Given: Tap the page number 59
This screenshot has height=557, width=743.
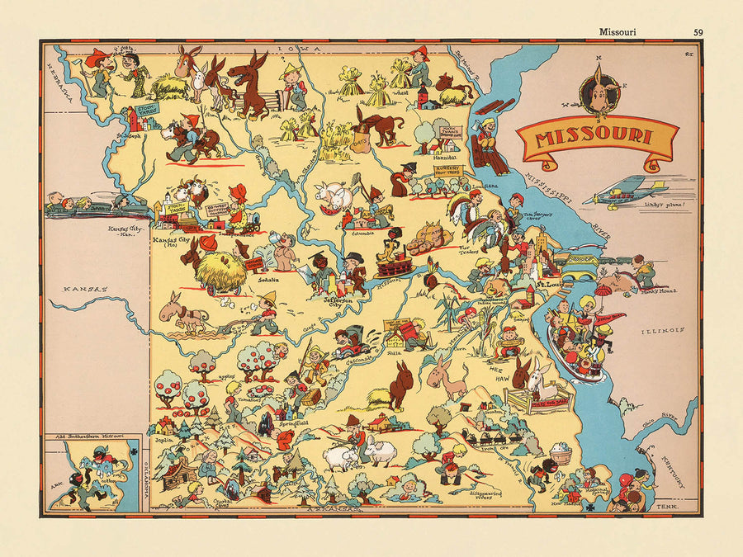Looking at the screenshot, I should click(x=698, y=33).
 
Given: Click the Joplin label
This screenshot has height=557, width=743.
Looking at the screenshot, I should click(x=162, y=441).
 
